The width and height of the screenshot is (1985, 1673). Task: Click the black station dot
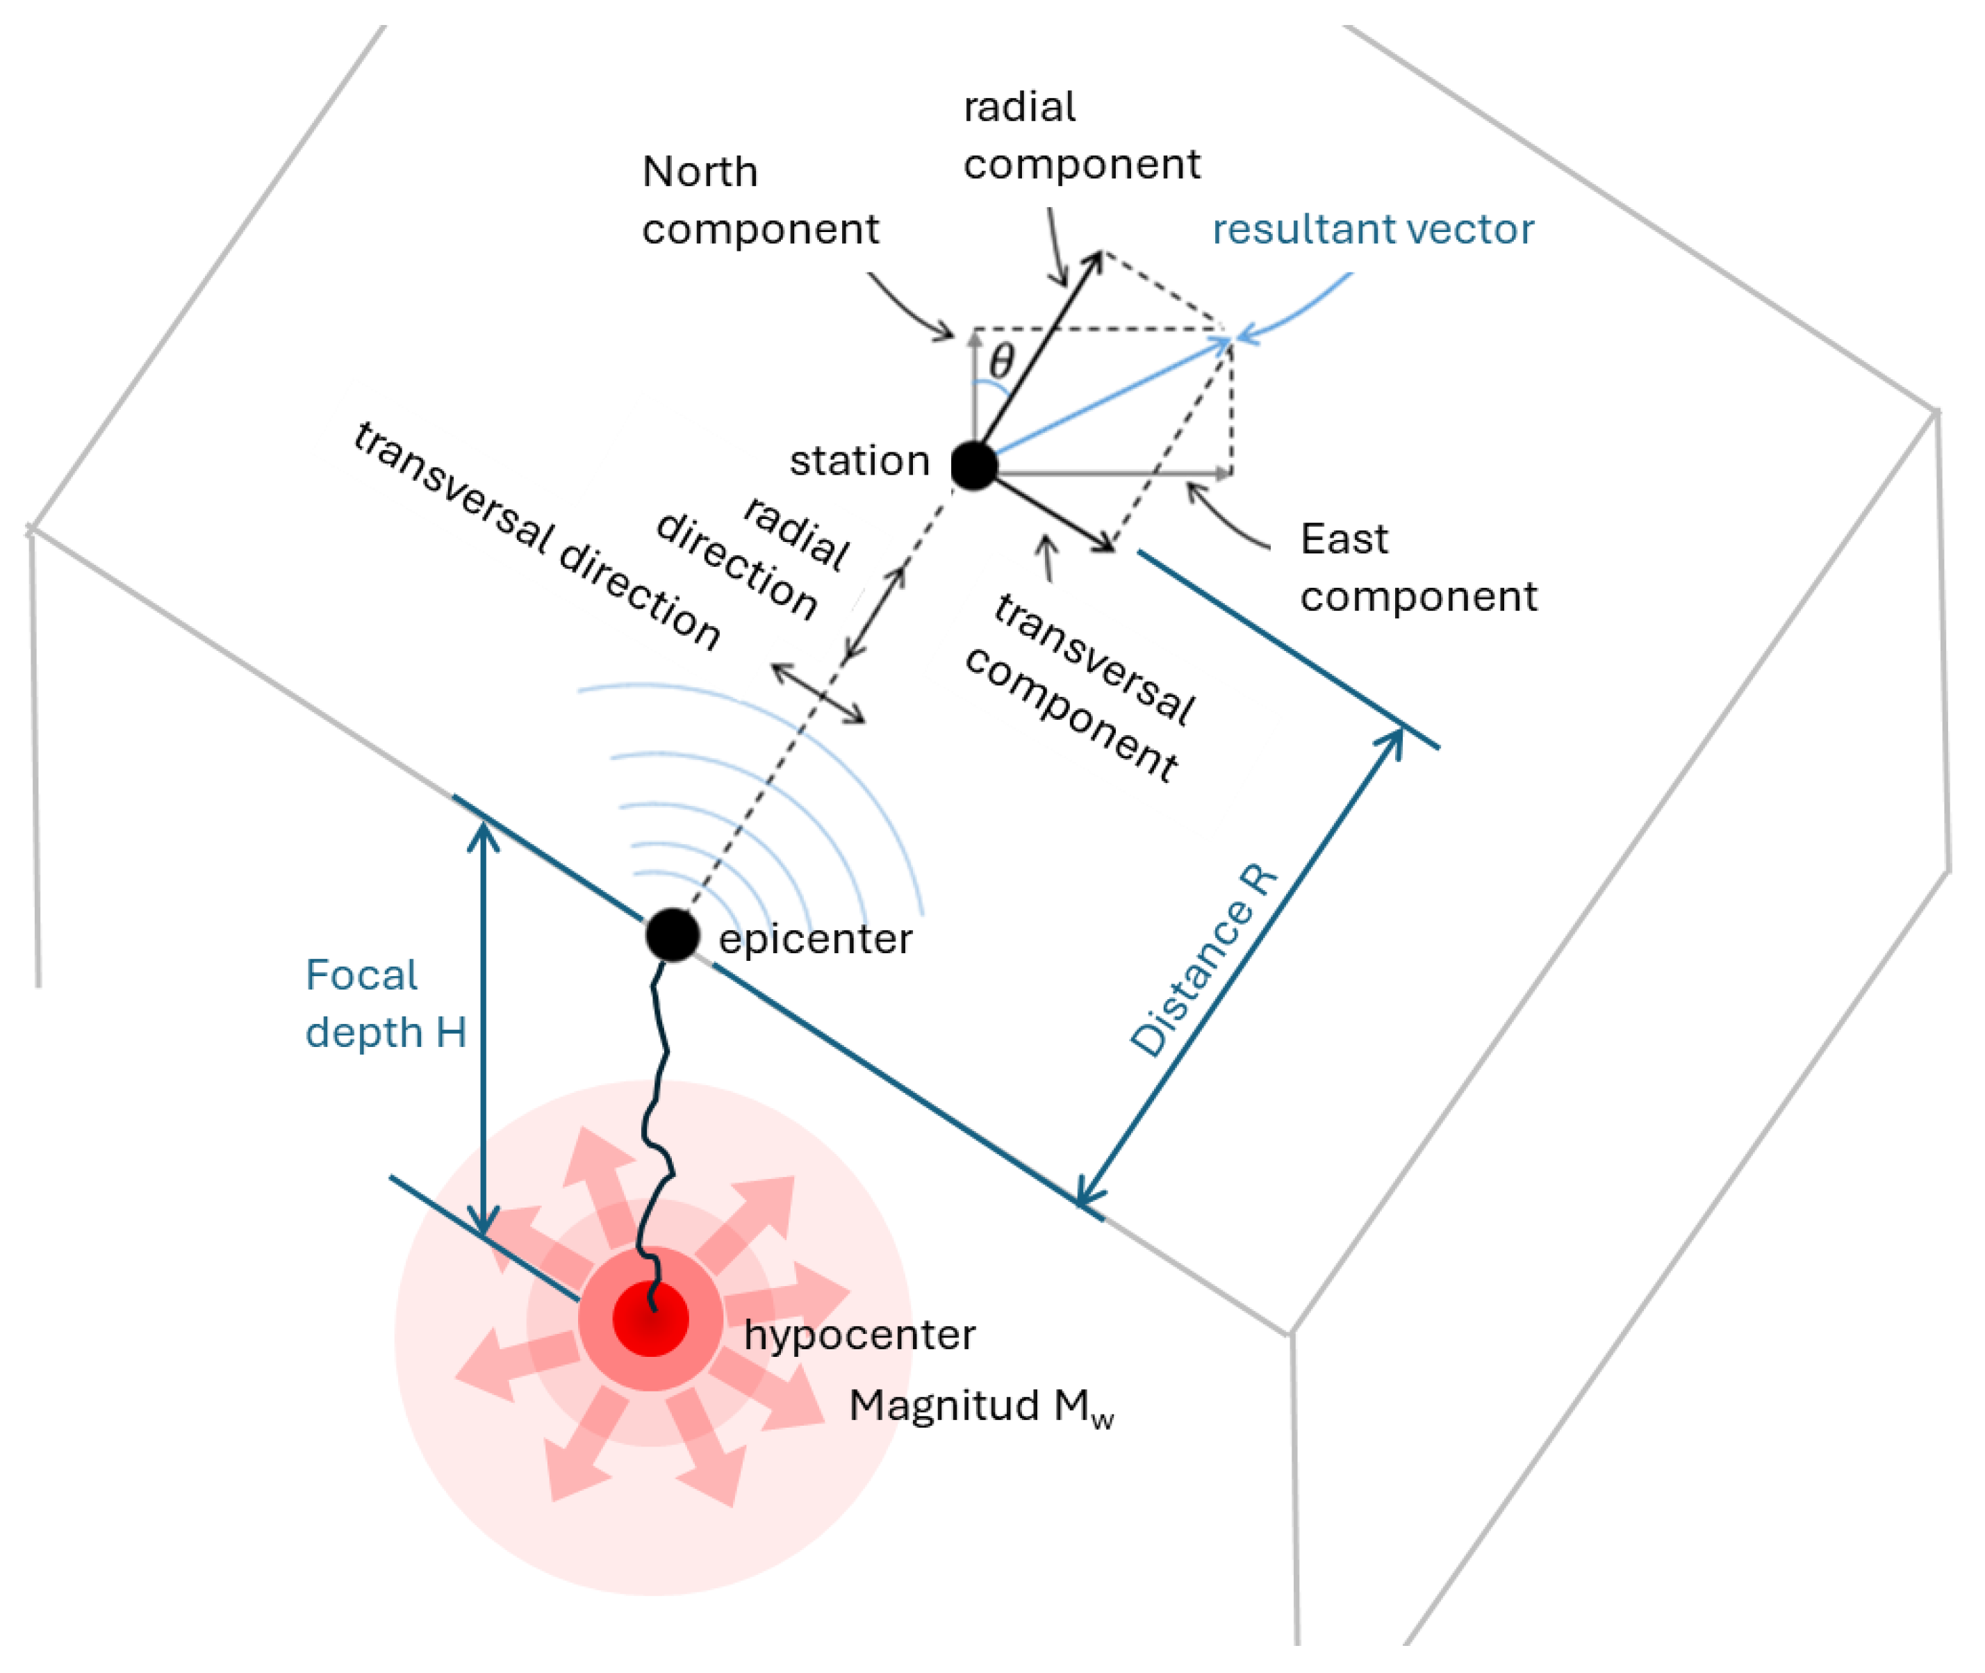[974, 465]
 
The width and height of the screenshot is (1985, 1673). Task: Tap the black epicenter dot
[673, 934]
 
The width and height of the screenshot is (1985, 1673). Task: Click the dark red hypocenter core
[650, 1318]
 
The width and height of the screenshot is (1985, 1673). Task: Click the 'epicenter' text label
[816, 939]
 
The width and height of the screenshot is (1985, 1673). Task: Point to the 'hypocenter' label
[859, 1335]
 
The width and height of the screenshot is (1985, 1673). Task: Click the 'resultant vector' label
[1372, 229]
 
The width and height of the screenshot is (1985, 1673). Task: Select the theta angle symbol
[1001, 361]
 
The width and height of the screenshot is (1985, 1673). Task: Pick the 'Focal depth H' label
[385, 1003]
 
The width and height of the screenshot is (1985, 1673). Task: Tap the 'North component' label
[759, 200]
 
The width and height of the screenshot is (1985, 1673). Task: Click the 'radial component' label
[1081, 135]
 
